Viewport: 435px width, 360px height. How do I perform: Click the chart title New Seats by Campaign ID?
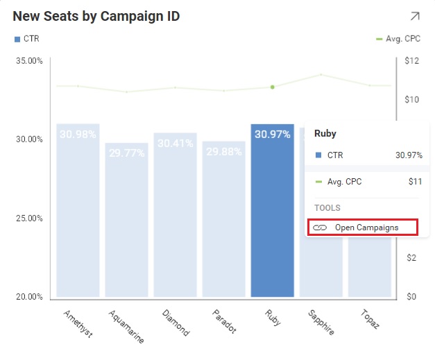(x=96, y=16)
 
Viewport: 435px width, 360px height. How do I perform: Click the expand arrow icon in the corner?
(x=414, y=16)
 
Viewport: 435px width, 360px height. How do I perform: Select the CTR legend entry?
(x=27, y=39)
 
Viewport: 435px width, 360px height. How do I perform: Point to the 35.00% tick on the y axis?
(x=28, y=61)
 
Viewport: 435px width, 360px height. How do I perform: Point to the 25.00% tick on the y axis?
(x=28, y=218)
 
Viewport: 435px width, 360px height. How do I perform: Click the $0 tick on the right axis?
(x=411, y=297)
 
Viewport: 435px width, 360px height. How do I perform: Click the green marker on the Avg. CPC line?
(x=273, y=87)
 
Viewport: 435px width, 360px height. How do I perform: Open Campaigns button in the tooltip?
(x=363, y=228)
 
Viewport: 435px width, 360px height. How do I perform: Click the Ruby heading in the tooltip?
(x=325, y=133)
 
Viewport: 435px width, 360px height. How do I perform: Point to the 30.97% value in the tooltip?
(x=409, y=155)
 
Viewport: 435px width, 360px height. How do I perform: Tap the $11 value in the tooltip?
(x=415, y=182)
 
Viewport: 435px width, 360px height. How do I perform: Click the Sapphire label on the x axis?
(x=321, y=322)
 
